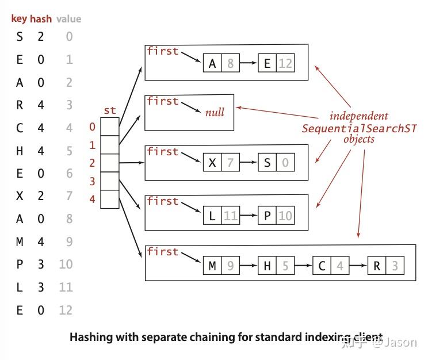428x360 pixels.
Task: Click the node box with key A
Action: [x=221, y=63]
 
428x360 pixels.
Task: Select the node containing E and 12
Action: [x=276, y=63]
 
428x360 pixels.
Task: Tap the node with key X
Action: [x=221, y=163]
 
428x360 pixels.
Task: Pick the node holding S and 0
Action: [x=276, y=163]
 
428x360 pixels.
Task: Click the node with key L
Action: [x=221, y=216]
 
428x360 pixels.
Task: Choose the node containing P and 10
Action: [x=276, y=216]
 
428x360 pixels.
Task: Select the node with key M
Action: [x=221, y=266]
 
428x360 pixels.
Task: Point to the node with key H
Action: [x=276, y=266]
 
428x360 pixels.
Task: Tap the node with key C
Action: [x=331, y=266]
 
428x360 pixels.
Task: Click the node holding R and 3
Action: [x=385, y=266]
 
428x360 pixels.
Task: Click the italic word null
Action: [x=215, y=112]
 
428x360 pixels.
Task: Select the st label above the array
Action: [x=109, y=110]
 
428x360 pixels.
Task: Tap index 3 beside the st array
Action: [x=93, y=181]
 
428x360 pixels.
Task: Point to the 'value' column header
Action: [x=68, y=19]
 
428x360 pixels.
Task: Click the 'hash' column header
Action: [x=41, y=19]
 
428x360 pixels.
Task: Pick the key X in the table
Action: [x=20, y=196]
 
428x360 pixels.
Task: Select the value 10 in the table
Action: [x=66, y=265]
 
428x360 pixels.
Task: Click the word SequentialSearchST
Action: [x=359, y=128]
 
